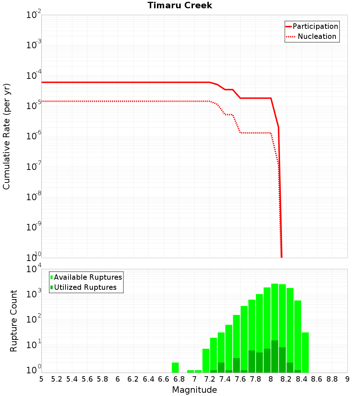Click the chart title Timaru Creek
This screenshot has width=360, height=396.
(x=180, y=5)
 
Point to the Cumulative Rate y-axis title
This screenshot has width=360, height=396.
(x=6, y=136)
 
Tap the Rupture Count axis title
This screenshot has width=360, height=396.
(x=14, y=321)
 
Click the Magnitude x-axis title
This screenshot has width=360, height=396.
(x=194, y=390)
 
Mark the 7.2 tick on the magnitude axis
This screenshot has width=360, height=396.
(x=210, y=379)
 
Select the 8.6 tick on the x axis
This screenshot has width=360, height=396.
(x=317, y=379)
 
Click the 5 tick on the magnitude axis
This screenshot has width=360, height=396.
(x=41, y=379)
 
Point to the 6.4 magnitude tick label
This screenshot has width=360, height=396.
(x=148, y=379)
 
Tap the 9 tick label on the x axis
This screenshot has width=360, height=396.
(x=347, y=379)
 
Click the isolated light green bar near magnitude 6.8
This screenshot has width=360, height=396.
(x=175, y=368)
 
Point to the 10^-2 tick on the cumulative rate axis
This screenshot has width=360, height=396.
(x=34, y=15)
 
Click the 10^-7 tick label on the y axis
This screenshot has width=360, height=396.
(x=34, y=167)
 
